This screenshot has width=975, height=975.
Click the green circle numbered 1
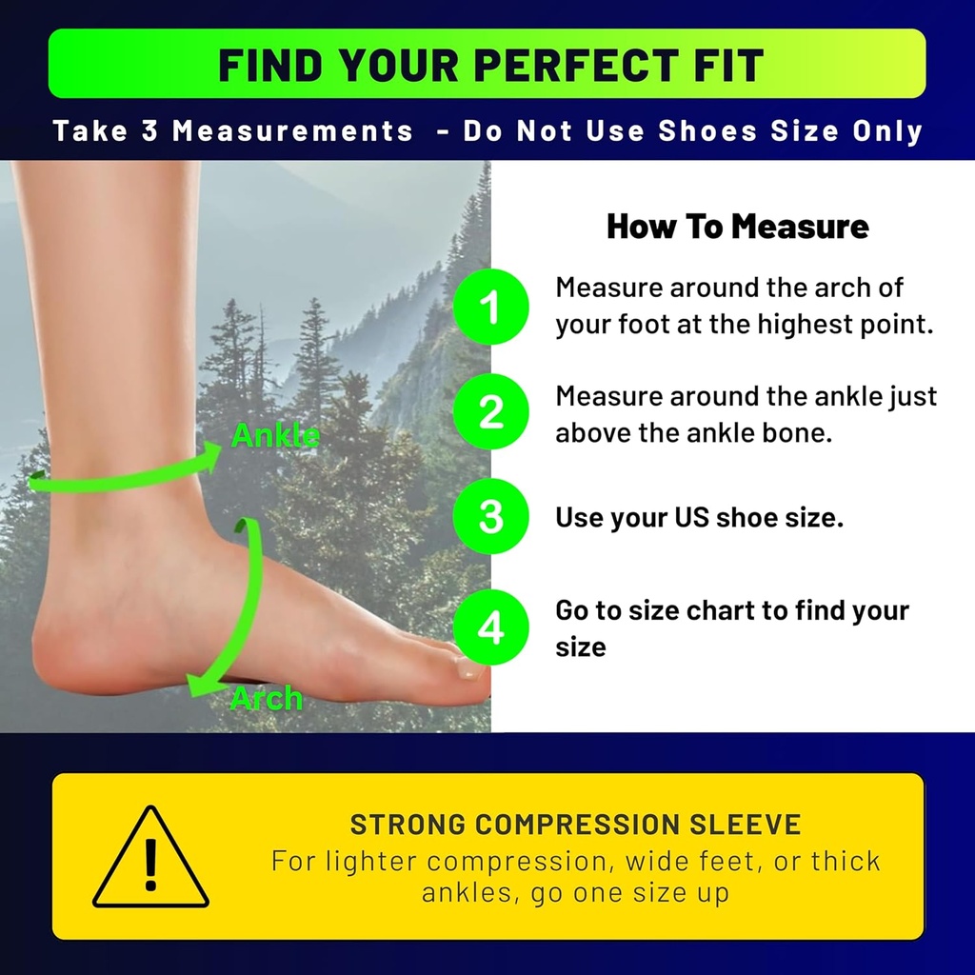pos(490,307)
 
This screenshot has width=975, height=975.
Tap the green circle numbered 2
pos(490,412)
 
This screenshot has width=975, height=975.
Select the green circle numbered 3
pos(490,517)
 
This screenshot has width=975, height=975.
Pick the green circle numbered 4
pos(490,628)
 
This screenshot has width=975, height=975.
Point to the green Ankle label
pos(276,436)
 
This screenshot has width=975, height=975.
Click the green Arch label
pos(267,699)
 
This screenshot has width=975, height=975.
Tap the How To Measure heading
pos(737,227)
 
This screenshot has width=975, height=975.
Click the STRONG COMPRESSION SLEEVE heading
pos(575,825)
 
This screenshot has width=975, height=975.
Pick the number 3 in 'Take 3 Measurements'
pos(149,130)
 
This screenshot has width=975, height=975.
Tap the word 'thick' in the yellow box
pos(846,861)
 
